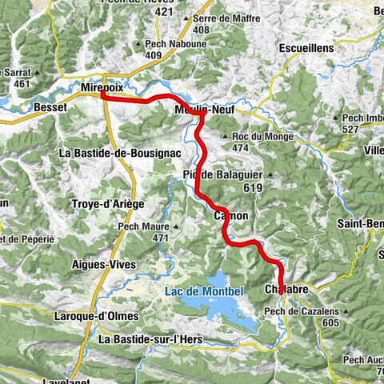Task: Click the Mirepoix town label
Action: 103,84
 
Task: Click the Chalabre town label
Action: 284,289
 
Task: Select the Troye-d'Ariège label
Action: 112,204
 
